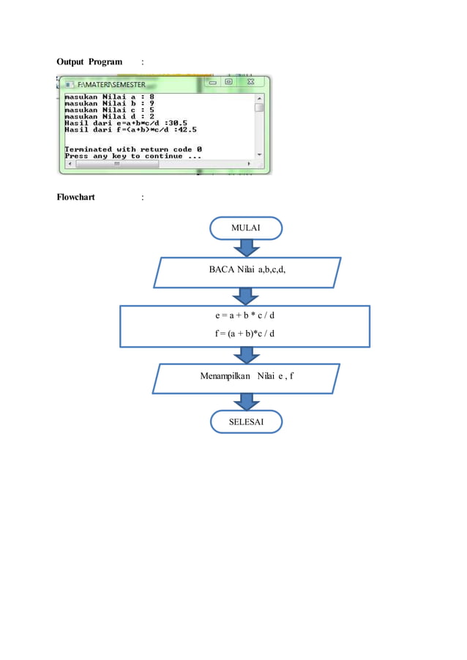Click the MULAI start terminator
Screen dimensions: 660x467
coord(245,228)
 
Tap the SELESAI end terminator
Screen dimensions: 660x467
coord(245,422)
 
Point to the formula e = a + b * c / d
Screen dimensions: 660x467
coord(245,317)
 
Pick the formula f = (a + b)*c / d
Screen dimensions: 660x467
coord(245,334)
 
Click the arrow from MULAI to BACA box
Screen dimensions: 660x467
coord(246,248)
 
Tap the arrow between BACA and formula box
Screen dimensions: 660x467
coord(246,296)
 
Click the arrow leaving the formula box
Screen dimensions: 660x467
coord(246,355)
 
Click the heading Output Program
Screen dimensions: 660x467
coord(89,61)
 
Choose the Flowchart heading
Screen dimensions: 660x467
coord(76,198)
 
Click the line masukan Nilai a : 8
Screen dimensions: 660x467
coord(109,96)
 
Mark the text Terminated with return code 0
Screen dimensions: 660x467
coord(133,149)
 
